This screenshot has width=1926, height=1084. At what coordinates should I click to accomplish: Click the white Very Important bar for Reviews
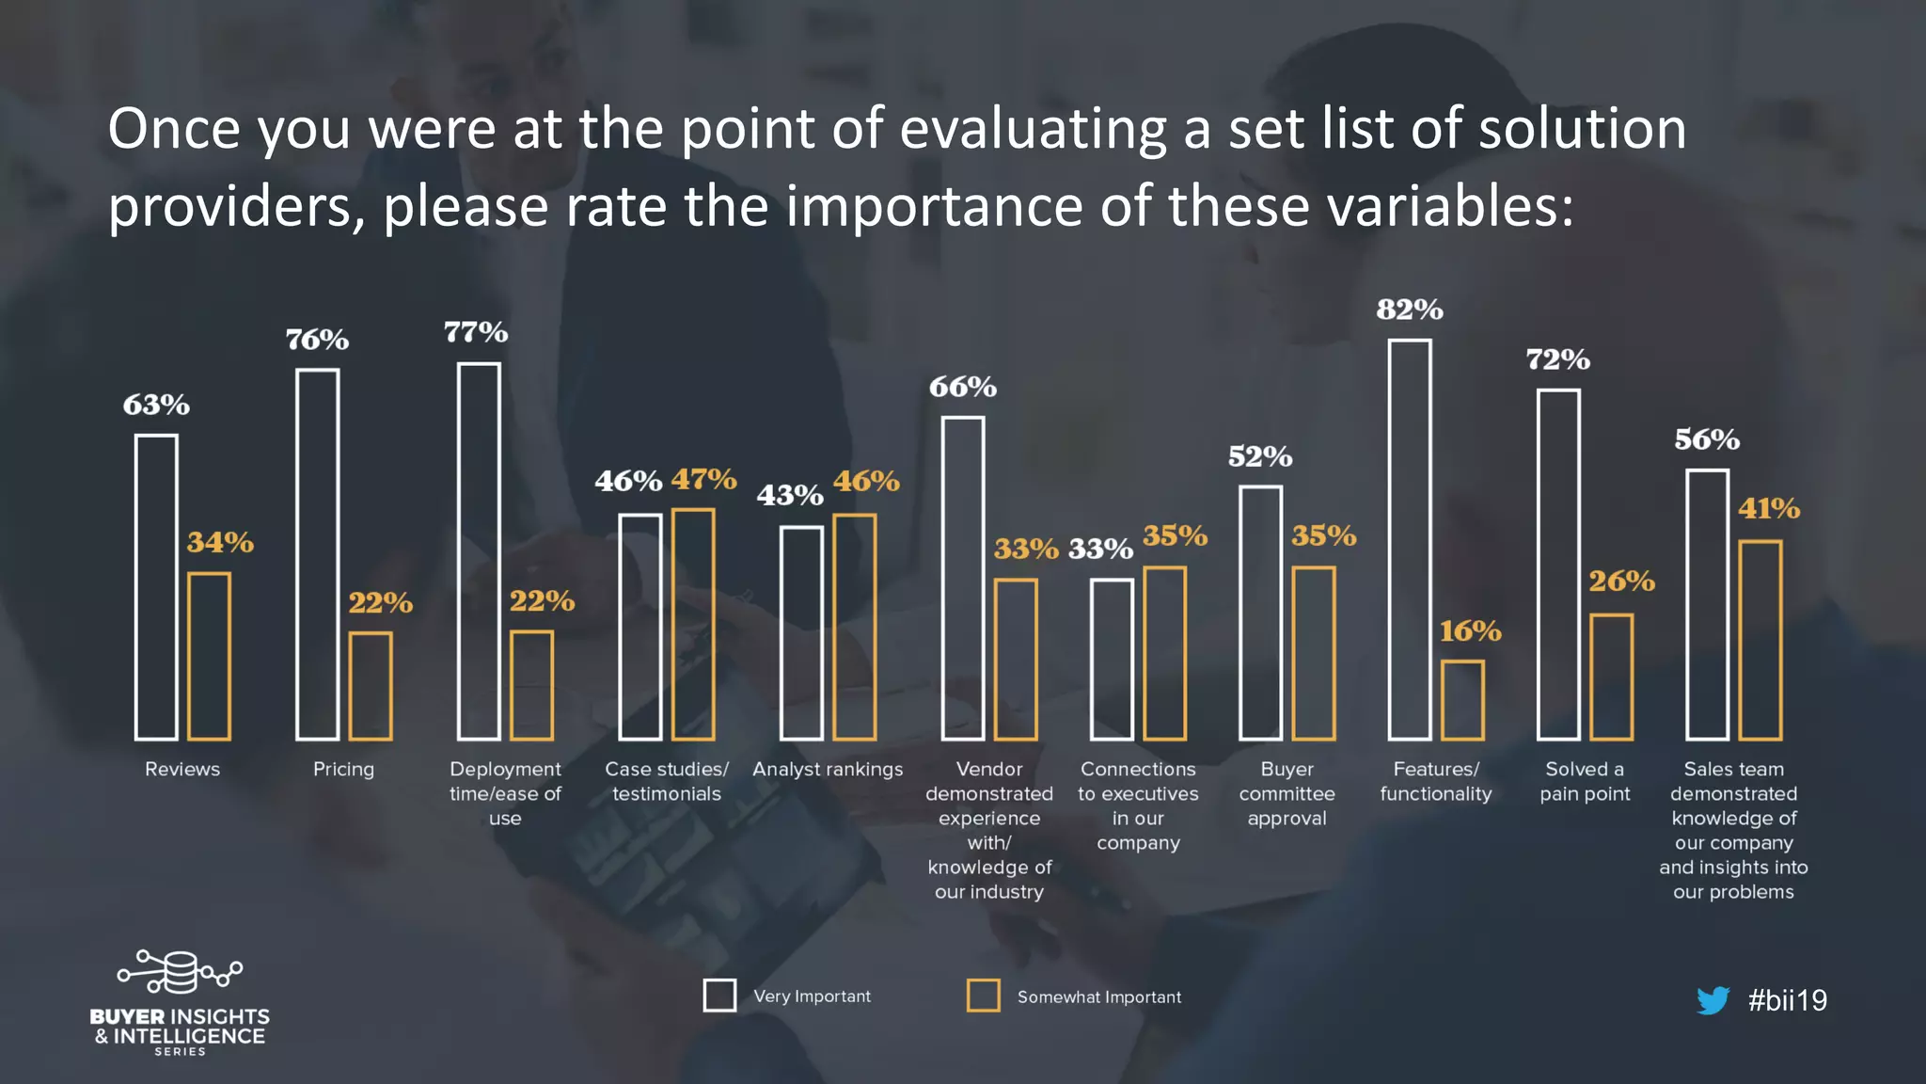(x=156, y=587)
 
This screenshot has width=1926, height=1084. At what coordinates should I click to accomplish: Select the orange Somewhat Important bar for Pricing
(x=371, y=686)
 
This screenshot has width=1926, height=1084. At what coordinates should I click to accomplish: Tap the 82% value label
(x=1409, y=310)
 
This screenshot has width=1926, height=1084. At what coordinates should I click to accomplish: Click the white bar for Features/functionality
(x=1410, y=539)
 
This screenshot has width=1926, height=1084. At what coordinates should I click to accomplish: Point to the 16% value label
(x=1470, y=630)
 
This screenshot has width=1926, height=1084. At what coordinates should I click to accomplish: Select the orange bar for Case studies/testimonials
(x=693, y=624)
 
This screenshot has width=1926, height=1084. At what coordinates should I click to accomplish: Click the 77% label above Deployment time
(x=476, y=332)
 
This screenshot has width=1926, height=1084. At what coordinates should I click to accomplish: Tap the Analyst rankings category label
(x=828, y=770)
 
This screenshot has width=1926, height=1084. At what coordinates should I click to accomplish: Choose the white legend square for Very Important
(x=720, y=996)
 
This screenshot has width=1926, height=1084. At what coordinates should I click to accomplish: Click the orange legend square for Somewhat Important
(x=984, y=996)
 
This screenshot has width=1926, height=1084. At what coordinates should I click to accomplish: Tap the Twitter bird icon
(x=1713, y=1000)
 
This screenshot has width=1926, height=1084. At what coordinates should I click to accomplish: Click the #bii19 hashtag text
(x=1787, y=1000)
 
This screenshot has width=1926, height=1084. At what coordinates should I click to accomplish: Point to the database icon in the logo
(x=179, y=972)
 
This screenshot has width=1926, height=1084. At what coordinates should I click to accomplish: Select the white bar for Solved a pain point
(x=1558, y=565)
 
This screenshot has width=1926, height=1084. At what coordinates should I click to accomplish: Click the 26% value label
(x=1621, y=582)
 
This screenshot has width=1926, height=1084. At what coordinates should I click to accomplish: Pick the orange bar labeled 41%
(x=1760, y=640)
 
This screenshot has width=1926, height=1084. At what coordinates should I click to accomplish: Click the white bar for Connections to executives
(x=1112, y=659)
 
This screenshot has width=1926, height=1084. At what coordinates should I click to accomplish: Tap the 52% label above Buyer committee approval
(x=1260, y=457)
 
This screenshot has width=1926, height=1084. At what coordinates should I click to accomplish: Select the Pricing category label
(x=343, y=770)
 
